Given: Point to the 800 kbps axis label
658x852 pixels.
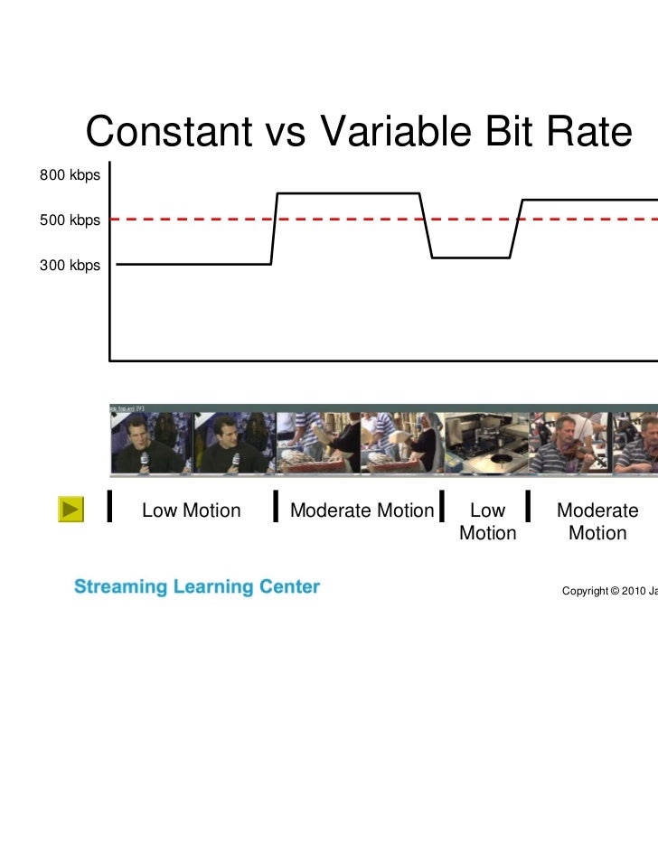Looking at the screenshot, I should (x=70, y=174).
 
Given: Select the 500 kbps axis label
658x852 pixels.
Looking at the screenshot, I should (x=70, y=220).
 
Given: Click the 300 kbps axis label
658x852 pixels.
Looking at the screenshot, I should (x=70, y=265).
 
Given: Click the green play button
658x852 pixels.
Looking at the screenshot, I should (x=70, y=510).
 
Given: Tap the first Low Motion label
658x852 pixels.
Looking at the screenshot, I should (x=192, y=510).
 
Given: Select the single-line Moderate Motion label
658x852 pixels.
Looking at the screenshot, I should (x=362, y=510).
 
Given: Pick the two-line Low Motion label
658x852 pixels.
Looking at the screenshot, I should (x=487, y=521).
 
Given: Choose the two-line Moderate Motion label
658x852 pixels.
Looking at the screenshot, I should (x=597, y=521).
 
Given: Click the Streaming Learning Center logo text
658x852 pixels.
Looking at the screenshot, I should (x=197, y=587).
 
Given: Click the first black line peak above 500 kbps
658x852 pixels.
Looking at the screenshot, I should (x=348, y=193).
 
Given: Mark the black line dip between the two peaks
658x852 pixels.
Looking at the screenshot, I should (x=471, y=257).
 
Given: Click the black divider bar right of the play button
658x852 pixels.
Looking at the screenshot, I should (x=109, y=507).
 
